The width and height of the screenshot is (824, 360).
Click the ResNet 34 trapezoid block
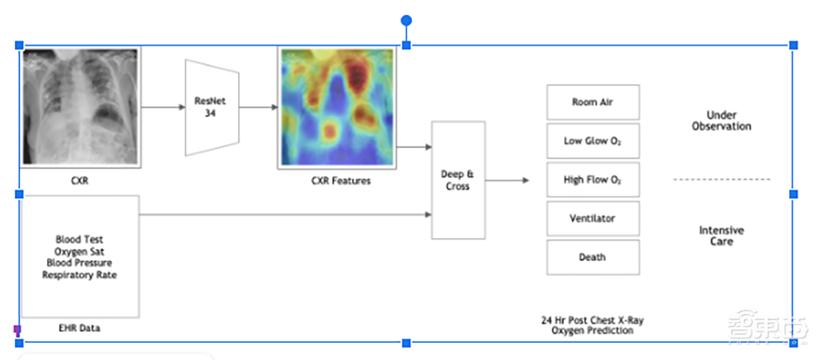coord(212,107)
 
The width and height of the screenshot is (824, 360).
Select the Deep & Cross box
coord(458,180)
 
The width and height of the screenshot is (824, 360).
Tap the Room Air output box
coord(592,102)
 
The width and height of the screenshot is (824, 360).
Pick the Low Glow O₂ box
coord(592,141)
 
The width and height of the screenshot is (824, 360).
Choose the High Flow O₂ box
coord(592,180)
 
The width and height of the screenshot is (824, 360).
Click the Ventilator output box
coord(592,218)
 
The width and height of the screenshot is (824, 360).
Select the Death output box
coord(592,257)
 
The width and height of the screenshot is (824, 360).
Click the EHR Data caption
coord(80,328)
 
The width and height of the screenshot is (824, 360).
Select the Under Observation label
coord(722,121)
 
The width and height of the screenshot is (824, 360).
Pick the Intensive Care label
coord(722,236)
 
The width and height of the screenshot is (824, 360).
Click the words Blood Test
coord(79,240)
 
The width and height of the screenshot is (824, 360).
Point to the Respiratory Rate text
coord(79,274)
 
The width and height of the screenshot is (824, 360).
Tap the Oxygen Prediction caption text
coord(593,330)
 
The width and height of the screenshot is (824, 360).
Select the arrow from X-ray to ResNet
coord(162,107)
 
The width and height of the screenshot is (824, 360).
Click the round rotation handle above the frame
coord(406,20)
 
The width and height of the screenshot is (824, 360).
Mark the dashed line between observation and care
coord(722,179)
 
